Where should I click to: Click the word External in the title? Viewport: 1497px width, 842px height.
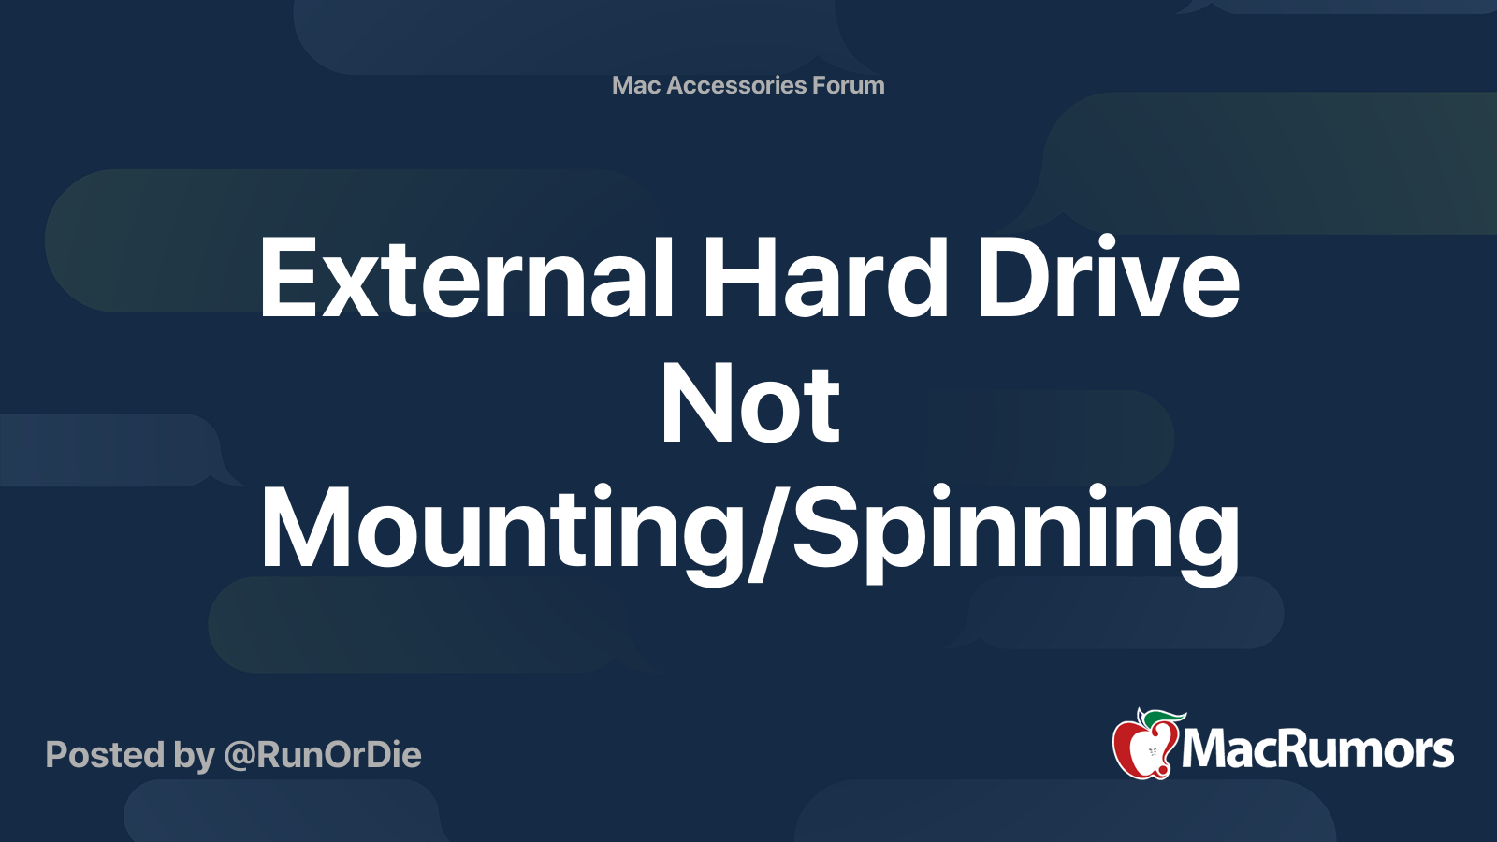[466, 278]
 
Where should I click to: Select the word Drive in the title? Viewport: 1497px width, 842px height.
[1108, 278]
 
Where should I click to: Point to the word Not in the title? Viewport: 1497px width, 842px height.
[749, 404]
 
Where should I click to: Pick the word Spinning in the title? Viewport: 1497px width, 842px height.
[1016, 530]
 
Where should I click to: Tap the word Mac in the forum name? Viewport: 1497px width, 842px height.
[636, 85]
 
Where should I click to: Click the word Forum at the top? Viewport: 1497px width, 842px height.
[849, 85]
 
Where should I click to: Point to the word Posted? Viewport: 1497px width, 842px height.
[104, 755]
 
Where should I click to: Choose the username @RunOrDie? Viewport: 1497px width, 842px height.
[323, 755]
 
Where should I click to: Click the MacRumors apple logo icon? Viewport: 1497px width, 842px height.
[1144, 746]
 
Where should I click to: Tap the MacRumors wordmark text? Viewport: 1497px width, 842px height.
[1317, 750]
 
